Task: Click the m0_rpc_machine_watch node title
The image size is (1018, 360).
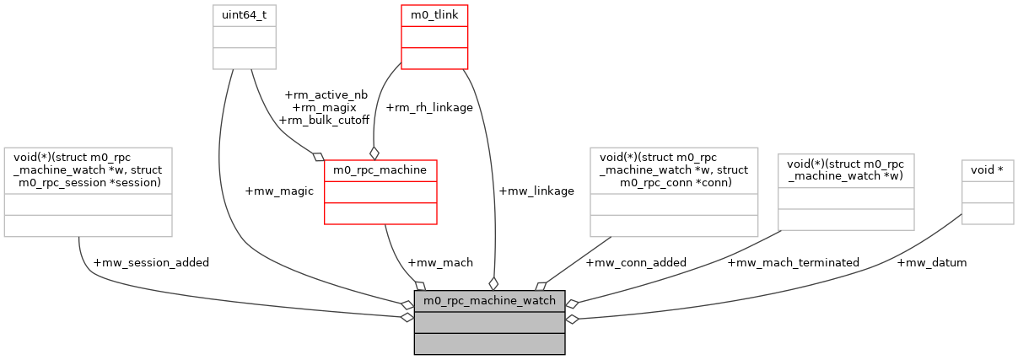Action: click(489, 301)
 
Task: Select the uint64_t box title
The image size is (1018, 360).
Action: click(244, 15)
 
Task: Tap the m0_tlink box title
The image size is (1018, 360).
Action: click(434, 15)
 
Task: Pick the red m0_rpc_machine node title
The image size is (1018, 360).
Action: click(380, 170)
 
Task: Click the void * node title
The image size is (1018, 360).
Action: click(988, 170)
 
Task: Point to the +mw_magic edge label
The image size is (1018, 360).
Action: click(279, 191)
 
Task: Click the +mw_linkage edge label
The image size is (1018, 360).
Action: click(536, 191)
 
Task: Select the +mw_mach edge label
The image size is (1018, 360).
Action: click(439, 262)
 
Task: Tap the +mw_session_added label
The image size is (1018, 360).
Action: click(151, 262)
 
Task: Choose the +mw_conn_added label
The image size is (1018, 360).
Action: click(636, 262)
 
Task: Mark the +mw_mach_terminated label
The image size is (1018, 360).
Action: click(793, 262)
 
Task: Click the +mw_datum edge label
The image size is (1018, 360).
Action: click(932, 262)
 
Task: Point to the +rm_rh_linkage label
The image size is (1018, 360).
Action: click(428, 107)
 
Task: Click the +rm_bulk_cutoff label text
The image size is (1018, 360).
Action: click(324, 120)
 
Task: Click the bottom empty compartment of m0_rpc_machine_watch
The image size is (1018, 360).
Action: click(489, 344)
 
